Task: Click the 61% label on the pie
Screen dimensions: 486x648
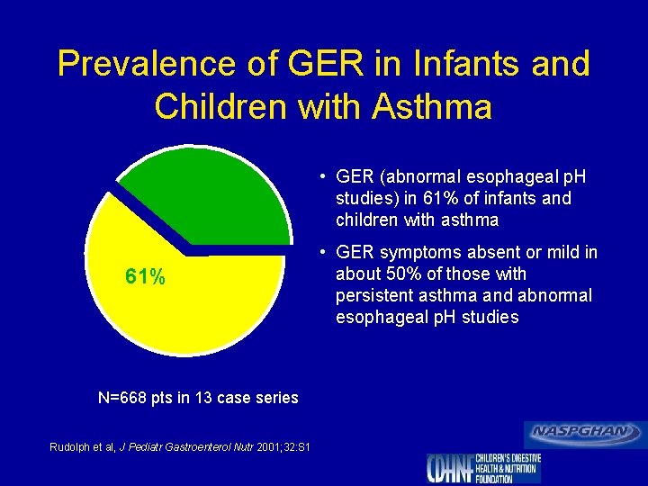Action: [x=145, y=277]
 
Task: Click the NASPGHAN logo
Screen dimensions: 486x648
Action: [x=585, y=433]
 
